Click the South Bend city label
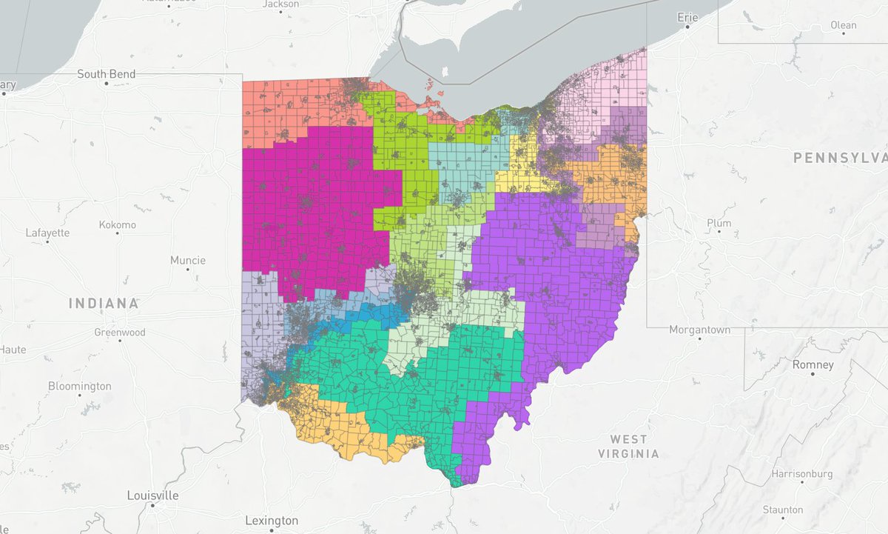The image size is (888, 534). tap(107, 74)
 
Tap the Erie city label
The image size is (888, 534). tap(687, 17)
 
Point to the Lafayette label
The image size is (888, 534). tap(47, 233)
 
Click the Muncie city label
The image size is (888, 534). tap(187, 260)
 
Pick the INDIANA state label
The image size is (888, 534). tap(104, 303)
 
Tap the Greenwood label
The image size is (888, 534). tap(119, 333)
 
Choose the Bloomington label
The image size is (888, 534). tap(79, 386)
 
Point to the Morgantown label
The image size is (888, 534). tap(700, 330)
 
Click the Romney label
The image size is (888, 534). tap(813, 365)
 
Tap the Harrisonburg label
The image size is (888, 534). tap(801, 473)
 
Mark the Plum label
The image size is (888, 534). tap(719, 223)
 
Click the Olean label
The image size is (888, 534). tap(843, 25)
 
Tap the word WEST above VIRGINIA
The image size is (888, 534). tap(628, 439)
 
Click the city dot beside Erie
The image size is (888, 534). tap(687, 27)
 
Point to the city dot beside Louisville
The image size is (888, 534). tap(151, 505)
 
